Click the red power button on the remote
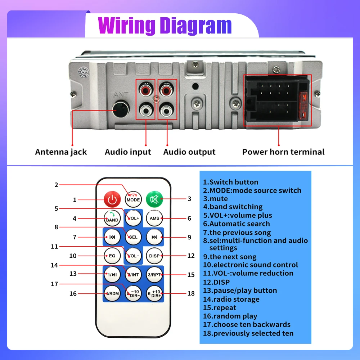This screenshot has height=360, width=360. click(112, 199)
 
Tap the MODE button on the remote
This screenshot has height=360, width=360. click(133, 199)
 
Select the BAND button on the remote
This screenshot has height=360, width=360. click(112, 219)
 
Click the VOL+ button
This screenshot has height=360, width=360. click(133, 218)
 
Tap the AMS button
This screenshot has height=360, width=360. click(154, 218)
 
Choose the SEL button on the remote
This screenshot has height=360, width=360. click(133, 237)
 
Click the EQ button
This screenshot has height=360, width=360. click(112, 256)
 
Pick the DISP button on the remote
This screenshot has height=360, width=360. click(154, 256)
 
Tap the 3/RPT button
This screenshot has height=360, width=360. click(154, 275)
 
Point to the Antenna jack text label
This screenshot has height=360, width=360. click(61, 152)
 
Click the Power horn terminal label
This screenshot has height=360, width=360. click(283, 152)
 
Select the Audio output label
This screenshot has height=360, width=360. click(189, 152)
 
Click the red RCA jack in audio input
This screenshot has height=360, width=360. click(146, 89)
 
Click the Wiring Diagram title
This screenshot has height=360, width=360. click(165, 26)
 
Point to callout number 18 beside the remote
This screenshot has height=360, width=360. click(191, 293)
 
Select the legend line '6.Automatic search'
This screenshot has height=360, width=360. click(236, 224)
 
